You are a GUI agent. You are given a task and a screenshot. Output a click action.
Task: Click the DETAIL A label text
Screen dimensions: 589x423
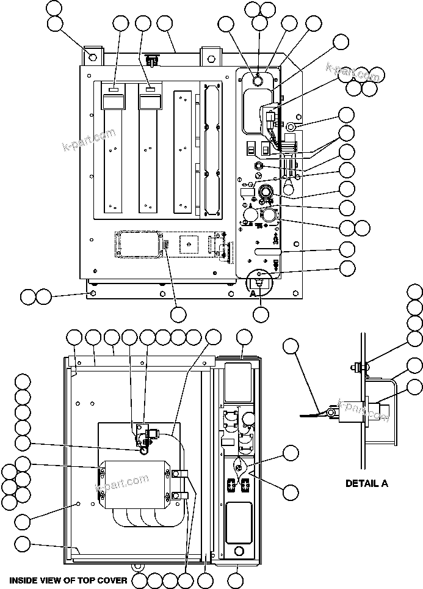pos(367,483)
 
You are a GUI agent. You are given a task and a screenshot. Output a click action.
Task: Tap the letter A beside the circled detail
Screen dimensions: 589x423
pos(253,293)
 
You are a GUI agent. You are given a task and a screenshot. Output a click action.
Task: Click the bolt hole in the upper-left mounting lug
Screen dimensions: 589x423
pos(93,57)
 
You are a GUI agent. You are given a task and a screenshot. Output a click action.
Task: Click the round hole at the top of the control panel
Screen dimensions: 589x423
pos(257,81)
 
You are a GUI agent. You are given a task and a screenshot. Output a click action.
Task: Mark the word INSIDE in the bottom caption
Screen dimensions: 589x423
pos(24,580)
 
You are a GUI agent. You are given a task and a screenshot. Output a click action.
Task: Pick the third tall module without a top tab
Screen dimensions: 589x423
pos(183,153)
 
